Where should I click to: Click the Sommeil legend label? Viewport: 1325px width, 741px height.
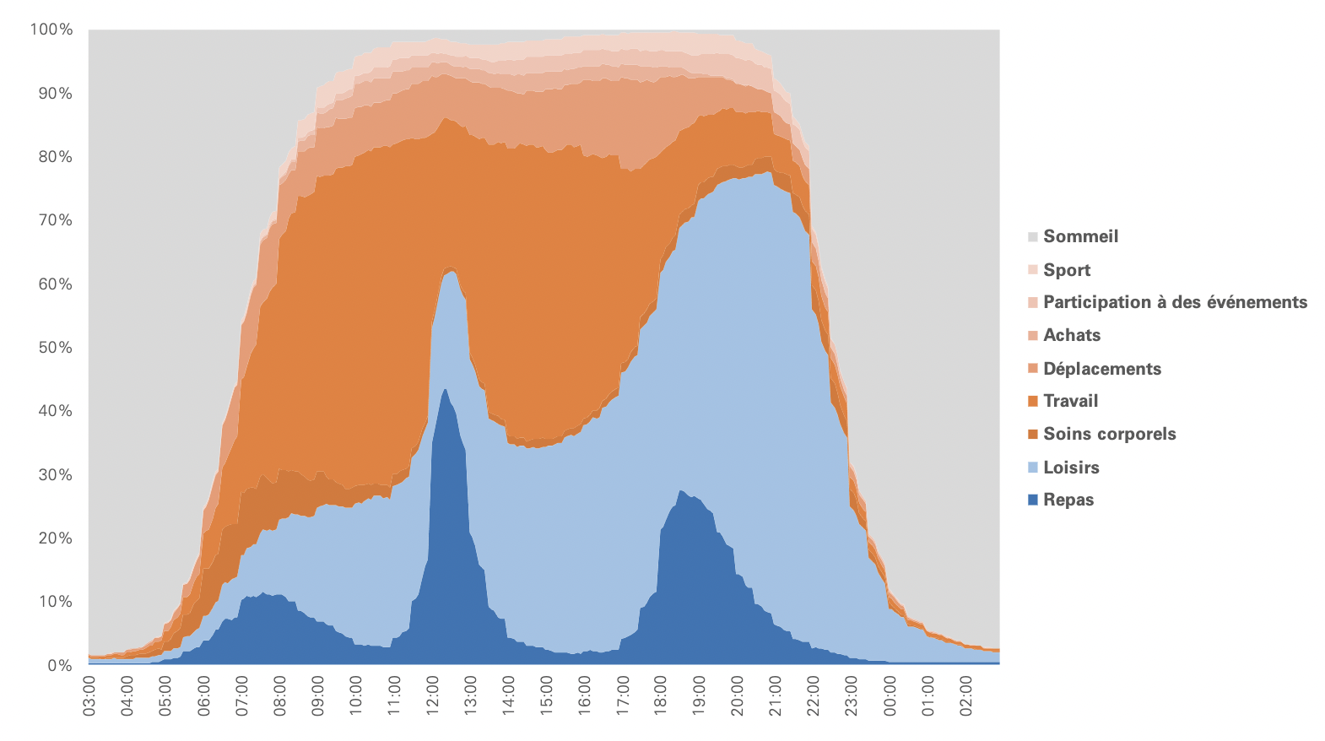pyautogui.click(x=1080, y=236)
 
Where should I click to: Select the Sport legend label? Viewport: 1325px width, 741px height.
pyautogui.click(x=1067, y=270)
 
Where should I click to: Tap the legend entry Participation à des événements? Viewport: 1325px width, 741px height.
pyautogui.click(x=1175, y=302)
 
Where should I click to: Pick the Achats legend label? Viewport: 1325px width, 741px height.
pyautogui.click(x=1072, y=335)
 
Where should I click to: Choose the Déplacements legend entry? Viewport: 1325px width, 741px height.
pyautogui.click(x=1102, y=369)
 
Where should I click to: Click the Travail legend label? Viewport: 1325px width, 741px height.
pyautogui.click(x=1070, y=401)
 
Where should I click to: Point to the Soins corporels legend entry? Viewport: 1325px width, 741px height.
pyautogui.click(x=1109, y=434)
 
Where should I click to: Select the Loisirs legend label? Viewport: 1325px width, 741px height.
pyautogui.click(x=1071, y=468)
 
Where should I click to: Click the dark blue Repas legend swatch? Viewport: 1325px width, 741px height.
pyautogui.click(x=1033, y=500)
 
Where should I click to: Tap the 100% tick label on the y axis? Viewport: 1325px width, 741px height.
pyautogui.click(x=51, y=30)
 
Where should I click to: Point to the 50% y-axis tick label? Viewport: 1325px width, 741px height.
pyautogui.click(x=55, y=348)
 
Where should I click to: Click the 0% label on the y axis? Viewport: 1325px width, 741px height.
pyautogui.click(x=59, y=665)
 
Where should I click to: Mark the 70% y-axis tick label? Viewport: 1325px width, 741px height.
pyautogui.click(x=55, y=220)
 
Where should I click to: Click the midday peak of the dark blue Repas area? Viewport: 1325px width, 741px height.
pyautogui.click(x=446, y=391)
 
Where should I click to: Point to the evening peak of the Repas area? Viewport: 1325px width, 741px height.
pyautogui.click(x=681, y=492)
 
